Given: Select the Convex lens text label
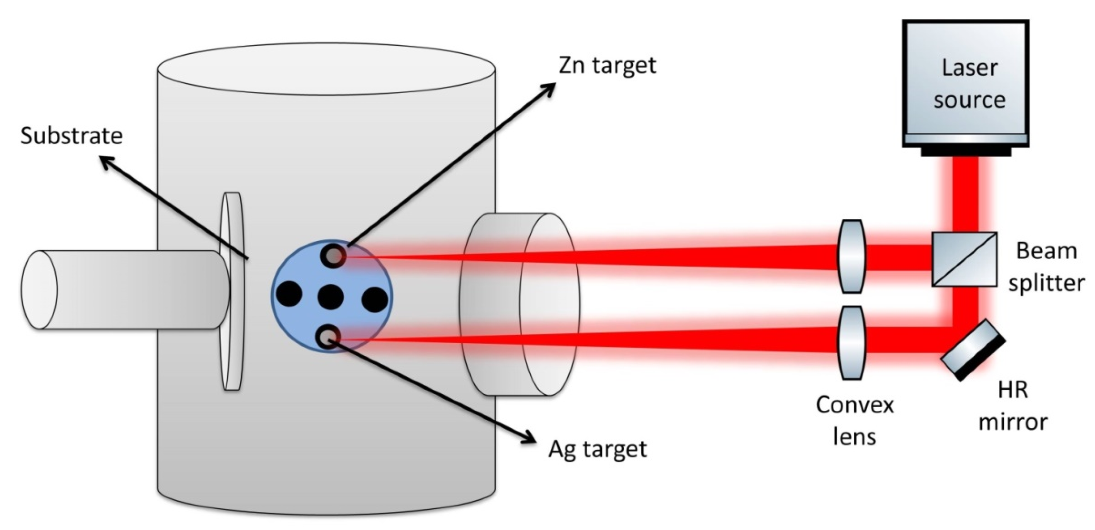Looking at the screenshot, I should (854, 421).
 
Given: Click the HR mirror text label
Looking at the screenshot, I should (1013, 406).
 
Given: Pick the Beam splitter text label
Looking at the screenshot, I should (1046, 267).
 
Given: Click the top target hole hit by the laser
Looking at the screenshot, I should (335, 255).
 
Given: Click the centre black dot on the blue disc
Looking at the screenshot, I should (331, 296).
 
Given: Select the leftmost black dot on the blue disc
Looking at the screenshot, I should (289, 294).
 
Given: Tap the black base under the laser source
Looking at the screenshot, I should (965, 151).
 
